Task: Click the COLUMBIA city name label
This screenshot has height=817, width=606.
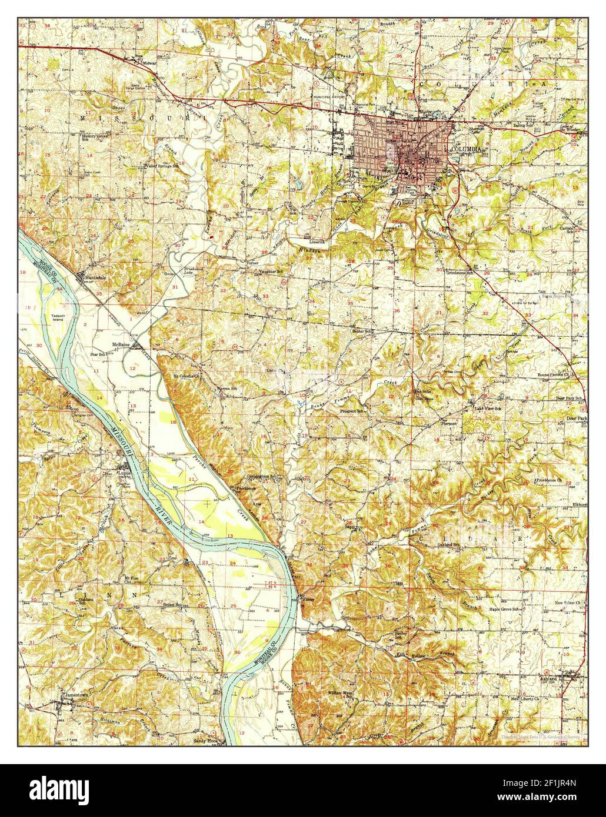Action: [464, 150]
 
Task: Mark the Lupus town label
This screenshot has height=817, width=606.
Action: [124, 471]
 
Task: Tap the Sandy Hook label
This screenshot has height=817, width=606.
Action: [205, 741]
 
